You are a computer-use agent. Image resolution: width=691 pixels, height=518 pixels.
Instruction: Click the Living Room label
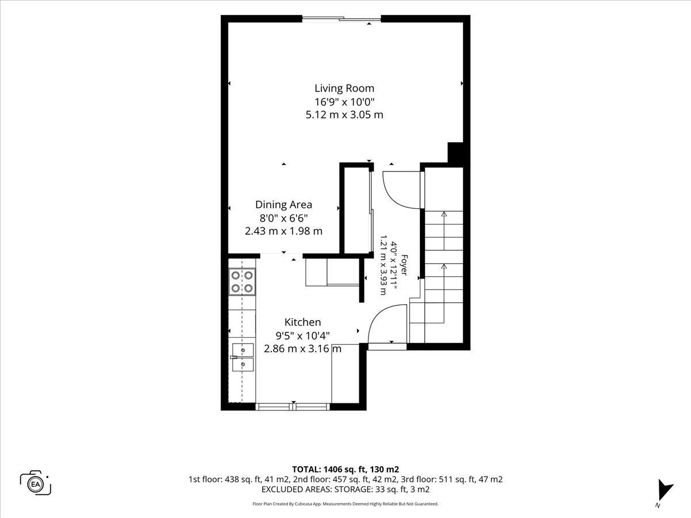tap(344, 88)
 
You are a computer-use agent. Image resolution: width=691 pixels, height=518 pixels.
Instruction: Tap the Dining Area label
tap(284, 204)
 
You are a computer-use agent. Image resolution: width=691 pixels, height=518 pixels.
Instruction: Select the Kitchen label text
tap(302, 322)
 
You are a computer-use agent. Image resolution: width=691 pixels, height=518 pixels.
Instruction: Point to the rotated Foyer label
tap(404, 265)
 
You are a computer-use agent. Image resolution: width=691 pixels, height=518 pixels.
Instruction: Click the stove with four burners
tap(242, 281)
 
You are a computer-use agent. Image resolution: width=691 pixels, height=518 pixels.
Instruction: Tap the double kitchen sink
tap(242, 357)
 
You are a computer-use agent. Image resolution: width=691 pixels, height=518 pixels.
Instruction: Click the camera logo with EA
tap(36, 483)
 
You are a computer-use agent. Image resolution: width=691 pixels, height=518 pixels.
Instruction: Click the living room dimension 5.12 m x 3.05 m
tap(344, 115)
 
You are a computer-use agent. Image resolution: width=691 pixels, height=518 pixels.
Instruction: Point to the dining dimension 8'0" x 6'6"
tap(284, 218)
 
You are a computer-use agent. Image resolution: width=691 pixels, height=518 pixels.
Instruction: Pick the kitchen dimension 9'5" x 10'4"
tap(302, 336)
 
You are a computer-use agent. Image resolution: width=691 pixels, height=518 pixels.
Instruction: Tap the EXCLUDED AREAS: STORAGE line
tap(345, 489)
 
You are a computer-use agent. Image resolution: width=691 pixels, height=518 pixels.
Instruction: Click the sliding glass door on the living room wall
tap(341, 19)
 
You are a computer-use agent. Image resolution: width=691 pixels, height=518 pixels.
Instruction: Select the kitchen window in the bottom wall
tap(293, 407)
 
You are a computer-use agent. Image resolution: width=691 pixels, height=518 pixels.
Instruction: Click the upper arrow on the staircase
tap(444, 231)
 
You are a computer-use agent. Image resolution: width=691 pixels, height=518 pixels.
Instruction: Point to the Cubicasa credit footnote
tap(345, 504)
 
